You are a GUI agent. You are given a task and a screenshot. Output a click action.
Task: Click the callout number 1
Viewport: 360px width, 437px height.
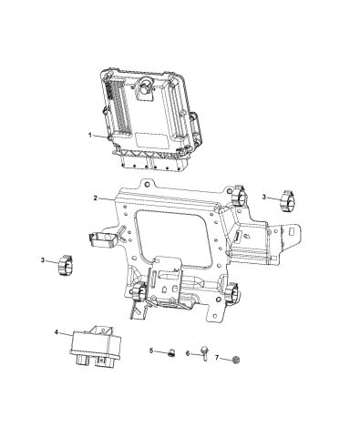tap(89, 136)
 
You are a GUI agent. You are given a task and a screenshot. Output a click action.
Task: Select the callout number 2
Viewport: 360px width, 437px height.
tap(96, 198)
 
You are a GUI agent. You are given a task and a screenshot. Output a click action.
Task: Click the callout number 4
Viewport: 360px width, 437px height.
tap(57, 333)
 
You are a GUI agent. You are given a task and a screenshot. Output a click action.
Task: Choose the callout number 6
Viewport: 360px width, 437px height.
tap(187, 353)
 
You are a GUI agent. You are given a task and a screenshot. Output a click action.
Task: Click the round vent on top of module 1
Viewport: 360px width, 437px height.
tap(144, 88)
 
